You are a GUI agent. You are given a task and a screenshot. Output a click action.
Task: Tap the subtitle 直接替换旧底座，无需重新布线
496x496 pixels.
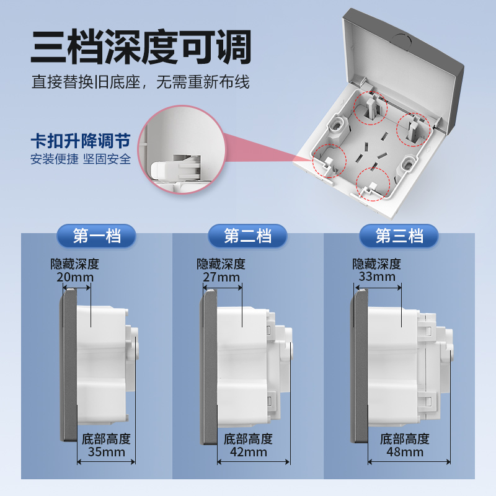point(141,82)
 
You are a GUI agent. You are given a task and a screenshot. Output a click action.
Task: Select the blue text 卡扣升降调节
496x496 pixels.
point(81,140)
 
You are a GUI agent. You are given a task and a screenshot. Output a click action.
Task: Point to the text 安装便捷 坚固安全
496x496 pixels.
point(81,159)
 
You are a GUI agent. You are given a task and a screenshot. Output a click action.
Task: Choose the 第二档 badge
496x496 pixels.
point(247,236)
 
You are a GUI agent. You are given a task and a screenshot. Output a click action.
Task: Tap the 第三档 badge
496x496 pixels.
point(399,236)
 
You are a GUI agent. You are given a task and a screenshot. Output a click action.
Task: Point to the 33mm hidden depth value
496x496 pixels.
point(376,277)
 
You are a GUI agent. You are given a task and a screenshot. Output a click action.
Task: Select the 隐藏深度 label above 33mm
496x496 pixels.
point(376,263)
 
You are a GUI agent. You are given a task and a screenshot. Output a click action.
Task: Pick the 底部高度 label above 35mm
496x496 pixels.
point(106,438)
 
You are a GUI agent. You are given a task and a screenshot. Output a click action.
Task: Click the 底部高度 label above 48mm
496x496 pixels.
point(404,438)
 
